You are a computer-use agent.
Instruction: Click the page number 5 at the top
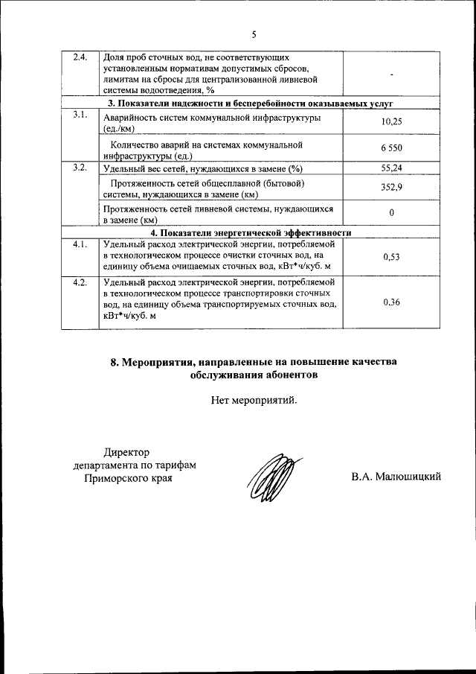254,34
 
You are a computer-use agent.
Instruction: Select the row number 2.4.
80,57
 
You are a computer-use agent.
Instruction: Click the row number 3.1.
80,115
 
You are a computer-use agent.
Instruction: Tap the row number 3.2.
80,168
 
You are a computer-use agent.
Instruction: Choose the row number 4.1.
80,244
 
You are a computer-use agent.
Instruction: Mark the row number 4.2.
80,282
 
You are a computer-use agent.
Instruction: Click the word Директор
126,451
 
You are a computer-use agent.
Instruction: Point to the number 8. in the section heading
115,362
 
